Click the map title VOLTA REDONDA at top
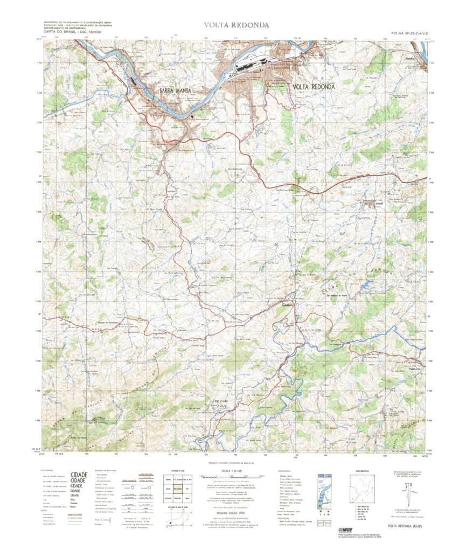pyautogui.click(x=237, y=25)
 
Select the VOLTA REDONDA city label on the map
pyautogui.click(x=314, y=87)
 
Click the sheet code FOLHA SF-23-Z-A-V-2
pyautogui.click(x=400, y=33)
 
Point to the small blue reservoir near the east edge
pyautogui.click(x=367, y=283)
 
